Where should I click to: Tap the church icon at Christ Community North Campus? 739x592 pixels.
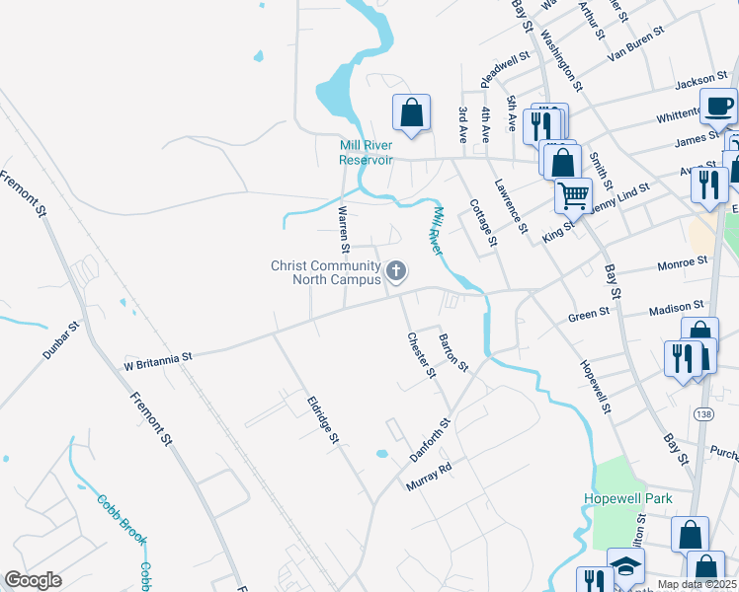[397, 270]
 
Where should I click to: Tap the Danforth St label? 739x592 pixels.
[430, 440]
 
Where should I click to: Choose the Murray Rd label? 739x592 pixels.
[429, 476]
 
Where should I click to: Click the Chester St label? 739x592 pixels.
[422, 353]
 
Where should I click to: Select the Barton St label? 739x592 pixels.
[452, 352]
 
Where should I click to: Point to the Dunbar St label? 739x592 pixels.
[61, 339]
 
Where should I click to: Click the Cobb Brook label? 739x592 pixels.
[122, 518]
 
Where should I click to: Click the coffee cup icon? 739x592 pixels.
[718, 105]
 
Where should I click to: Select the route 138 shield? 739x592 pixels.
[702, 413]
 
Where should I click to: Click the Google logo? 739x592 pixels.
[33, 581]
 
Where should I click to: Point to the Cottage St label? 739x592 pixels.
[483, 222]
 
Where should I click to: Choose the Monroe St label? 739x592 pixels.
[683, 263]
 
